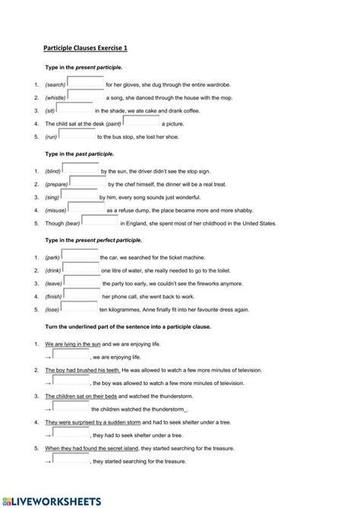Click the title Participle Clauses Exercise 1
point(85,48)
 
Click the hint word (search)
point(55,84)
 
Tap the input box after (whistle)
point(85,96)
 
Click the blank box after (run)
point(77,134)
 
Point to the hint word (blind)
point(53,172)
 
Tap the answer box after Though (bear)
point(100,221)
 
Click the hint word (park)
point(52,258)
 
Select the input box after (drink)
point(81,269)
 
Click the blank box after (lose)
point(79,308)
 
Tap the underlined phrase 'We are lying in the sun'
point(77,344)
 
